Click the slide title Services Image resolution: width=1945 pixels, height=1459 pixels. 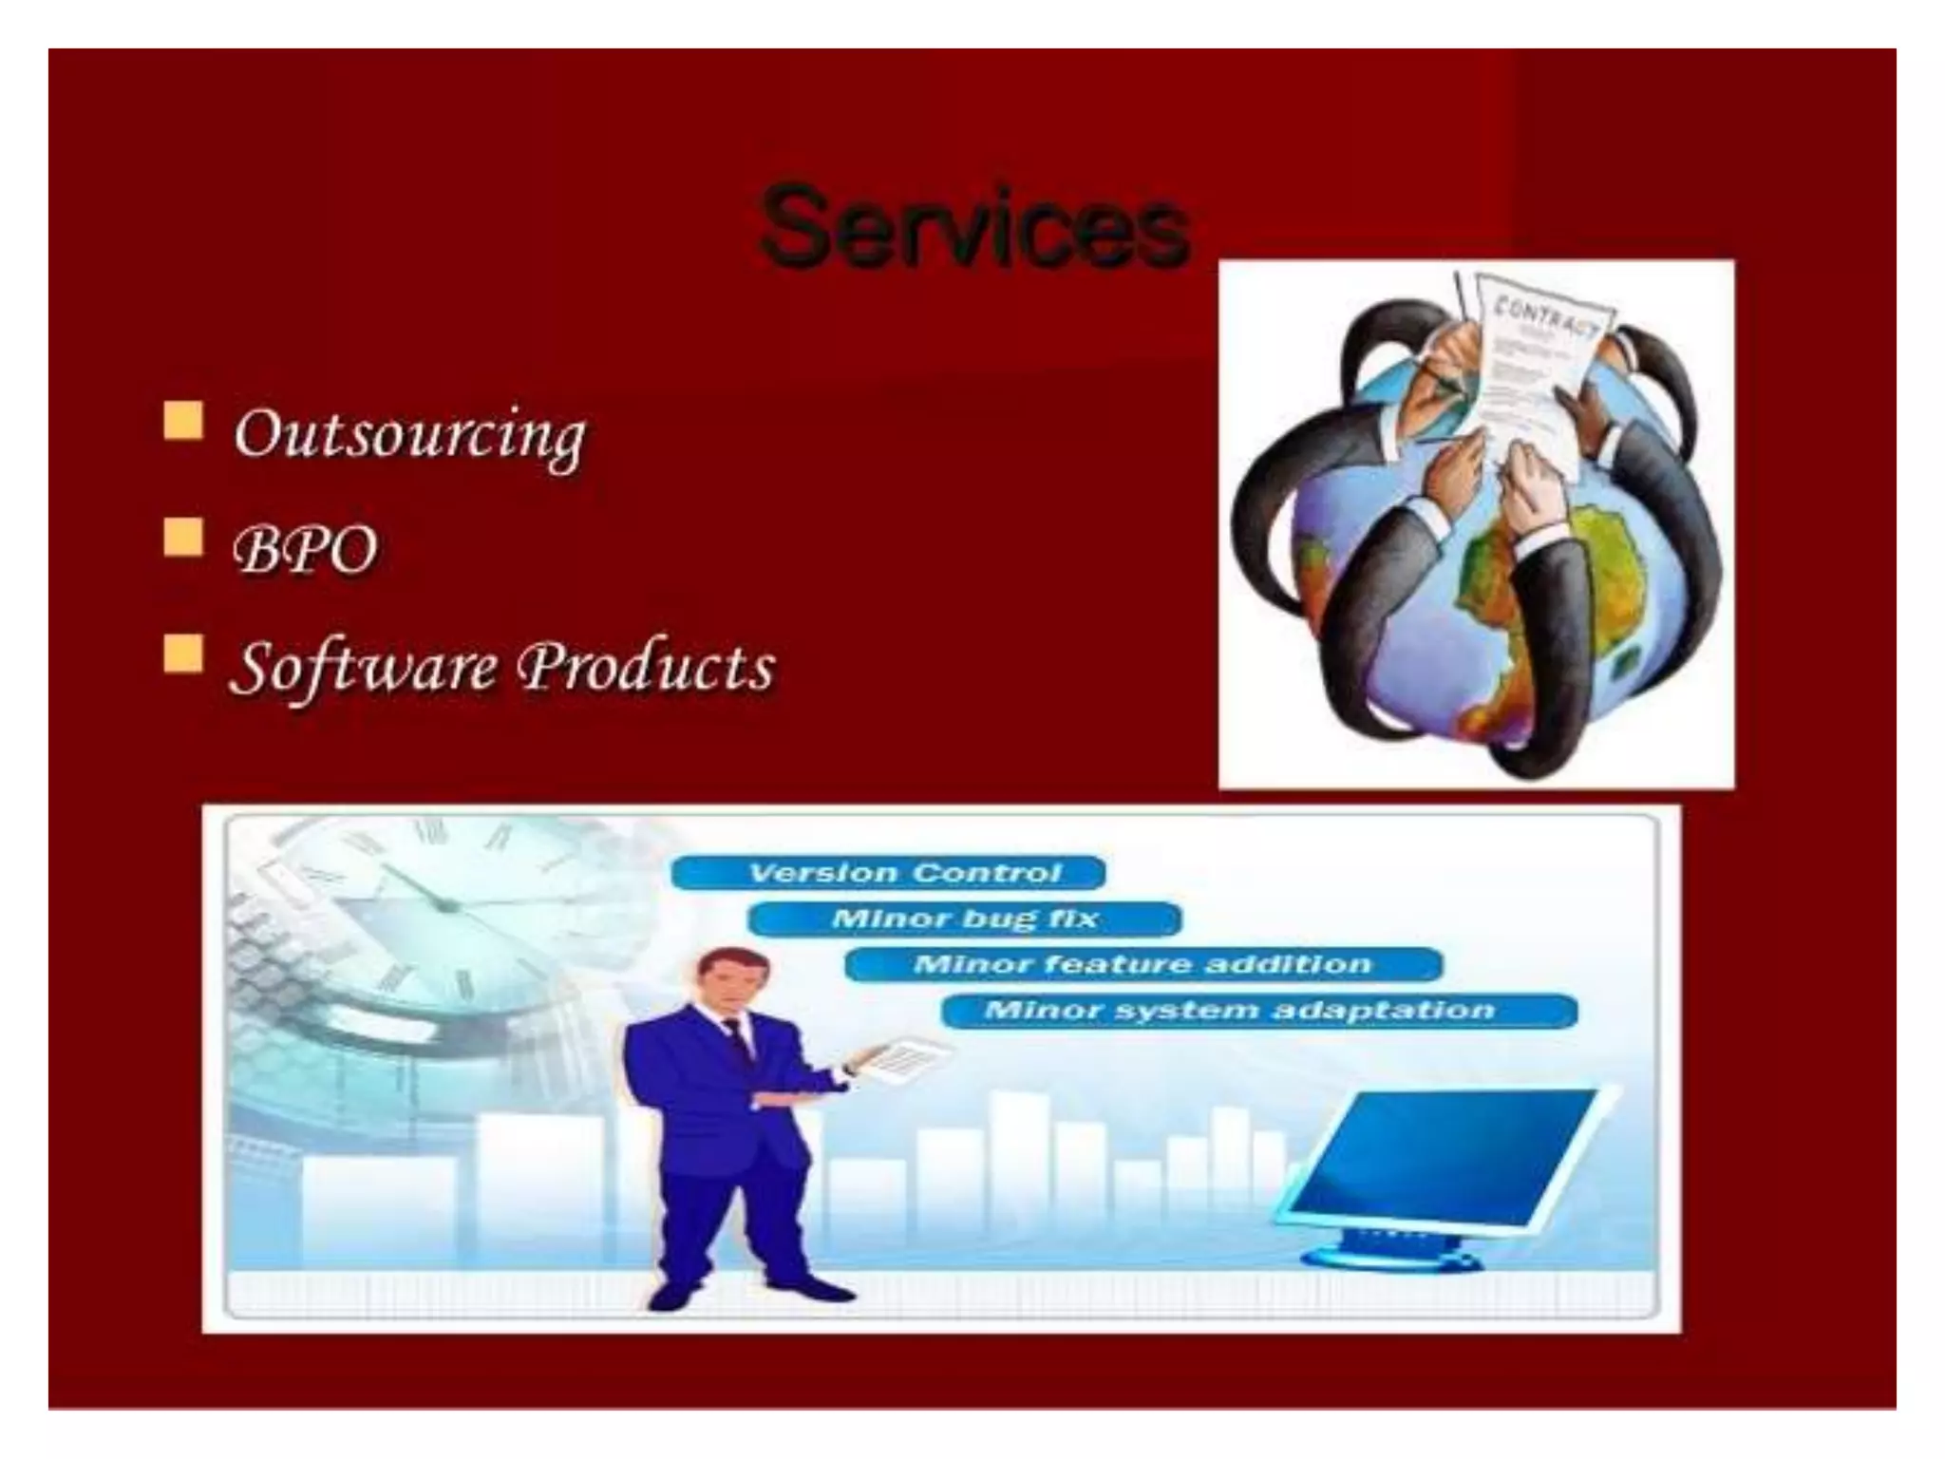[974, 227]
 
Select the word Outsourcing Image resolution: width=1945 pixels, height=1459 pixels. [409, 435]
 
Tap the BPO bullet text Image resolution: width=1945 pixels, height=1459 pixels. [305, 549]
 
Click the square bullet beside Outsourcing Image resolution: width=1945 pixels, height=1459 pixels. [182, 421]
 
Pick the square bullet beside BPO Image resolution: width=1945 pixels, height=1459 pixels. [182, 537]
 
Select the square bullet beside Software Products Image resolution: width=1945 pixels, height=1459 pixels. [182, 654]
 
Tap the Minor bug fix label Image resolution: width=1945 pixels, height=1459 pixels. [964, 919]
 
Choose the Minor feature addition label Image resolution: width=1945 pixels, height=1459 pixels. [1142, 964]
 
